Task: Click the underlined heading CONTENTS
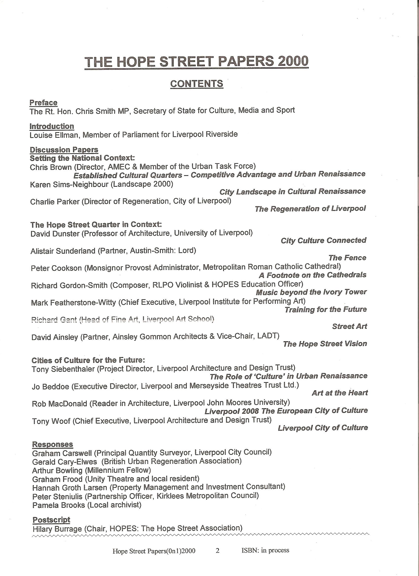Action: tap(196, 84)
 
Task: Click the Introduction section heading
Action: tap(52, 126)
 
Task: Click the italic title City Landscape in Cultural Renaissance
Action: tap(293, 192)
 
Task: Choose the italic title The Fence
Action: tap(347, 258)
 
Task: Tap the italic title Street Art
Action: tap(349, 327)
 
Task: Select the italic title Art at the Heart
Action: tap(340, 393)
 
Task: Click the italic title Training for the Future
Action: tap(326, 310)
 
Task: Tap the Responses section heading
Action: tap(52, 444)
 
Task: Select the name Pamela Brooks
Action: tap(59, 505)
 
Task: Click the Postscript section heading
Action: tap(51, 520)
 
